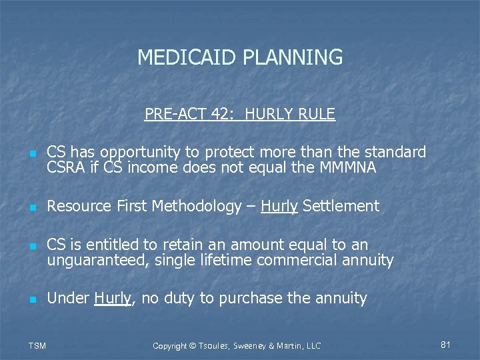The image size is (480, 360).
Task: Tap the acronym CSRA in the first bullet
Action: click(x=65, y=168)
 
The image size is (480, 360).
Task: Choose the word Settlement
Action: click(x=341, y=207)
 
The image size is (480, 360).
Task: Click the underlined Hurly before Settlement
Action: click(x=279, y=207)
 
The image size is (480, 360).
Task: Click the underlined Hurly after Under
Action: click(x=114, y=298)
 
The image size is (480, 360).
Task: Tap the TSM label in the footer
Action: click(x=37, y=345)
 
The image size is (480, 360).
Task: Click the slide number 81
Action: click(x=446, y=345)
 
